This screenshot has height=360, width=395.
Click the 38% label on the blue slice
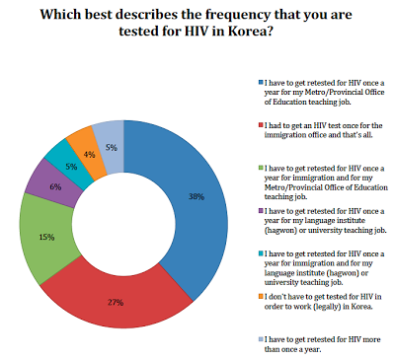[x=197, y=197]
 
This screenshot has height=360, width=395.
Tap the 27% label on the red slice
[x=116, y=302]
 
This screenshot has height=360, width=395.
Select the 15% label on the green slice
[x=46, y=237]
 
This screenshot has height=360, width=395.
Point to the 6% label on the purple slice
[x=55, y=187]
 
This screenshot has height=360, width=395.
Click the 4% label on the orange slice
[x=89, y=154]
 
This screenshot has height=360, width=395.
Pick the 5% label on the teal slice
[x=71, y=167]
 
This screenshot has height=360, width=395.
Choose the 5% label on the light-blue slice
[x=112, y=148]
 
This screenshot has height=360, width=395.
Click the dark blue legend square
[x=261, y=82]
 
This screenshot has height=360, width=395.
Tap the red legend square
[x=261, y=125]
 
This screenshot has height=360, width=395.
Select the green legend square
[x=261, y=168]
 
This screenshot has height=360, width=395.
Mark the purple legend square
[x=261, y=210]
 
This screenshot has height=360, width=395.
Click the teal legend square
[x=261, y=253]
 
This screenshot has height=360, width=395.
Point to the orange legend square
[x=261, y=296]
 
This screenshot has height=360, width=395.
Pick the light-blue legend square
[x=261, y=339]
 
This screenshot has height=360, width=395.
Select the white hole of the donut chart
[x=123, y=224]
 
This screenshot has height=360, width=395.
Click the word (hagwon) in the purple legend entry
[x=280, y=230]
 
